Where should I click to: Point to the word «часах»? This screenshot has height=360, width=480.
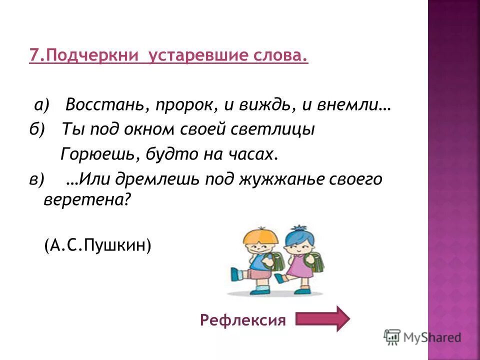coord(252,154)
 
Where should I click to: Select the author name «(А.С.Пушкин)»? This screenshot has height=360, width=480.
coord(97,245)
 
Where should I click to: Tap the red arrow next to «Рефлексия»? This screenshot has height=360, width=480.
coord(323,318)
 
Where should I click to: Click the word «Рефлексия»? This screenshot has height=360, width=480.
coord(243,319)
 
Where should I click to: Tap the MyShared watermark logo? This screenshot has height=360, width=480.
coord(422,337)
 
